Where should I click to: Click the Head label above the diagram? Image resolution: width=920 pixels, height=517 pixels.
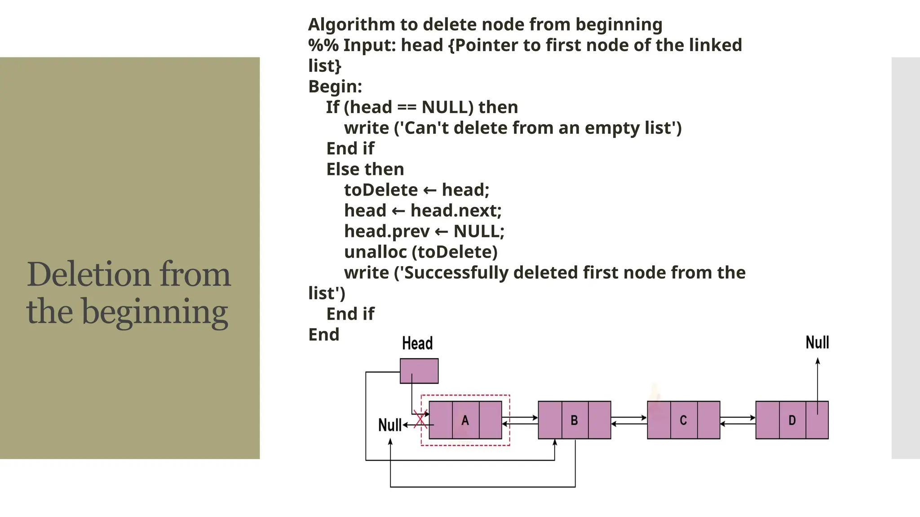click(417, 344)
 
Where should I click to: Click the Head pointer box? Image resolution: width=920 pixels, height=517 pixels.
click(419, 371)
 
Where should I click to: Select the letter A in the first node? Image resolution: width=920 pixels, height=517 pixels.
click(465, 421)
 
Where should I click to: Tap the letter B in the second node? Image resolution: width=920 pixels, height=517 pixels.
click(574, 421)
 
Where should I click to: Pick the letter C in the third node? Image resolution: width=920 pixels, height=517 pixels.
click(683, 421)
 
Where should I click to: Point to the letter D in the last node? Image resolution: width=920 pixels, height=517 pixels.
click(792, 421)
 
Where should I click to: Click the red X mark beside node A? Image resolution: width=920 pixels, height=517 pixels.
click(420, 421)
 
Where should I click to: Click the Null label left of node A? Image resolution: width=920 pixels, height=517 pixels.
click(389, 425)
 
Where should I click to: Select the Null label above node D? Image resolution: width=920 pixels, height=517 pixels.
click(817, 343)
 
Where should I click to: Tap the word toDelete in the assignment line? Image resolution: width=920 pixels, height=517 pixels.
click(381, 190)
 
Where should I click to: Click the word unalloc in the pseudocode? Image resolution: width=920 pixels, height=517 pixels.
click(375, 252)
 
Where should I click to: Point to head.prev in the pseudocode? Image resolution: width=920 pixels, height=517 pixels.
click(387, 232)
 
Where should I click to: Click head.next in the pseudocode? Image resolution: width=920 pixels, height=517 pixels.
click(456, 211)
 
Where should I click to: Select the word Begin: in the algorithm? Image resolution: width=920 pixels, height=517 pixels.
click(335, 87)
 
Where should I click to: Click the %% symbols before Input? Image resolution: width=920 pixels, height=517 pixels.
click(323, 45)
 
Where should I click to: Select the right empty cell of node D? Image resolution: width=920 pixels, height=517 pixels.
click(817, 421)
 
